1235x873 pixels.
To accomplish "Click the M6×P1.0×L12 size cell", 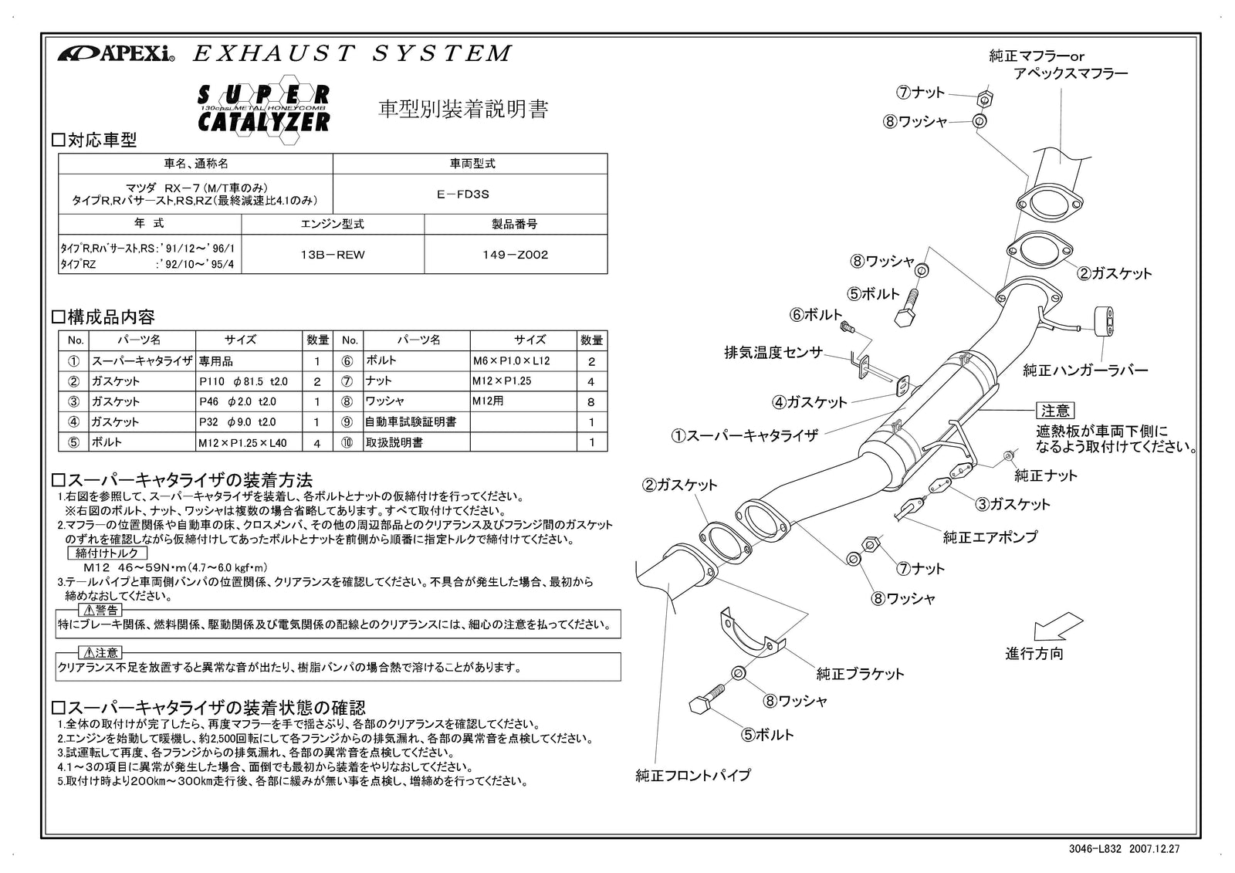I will click(523, 360).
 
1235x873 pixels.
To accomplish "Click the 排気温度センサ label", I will click(773, 353).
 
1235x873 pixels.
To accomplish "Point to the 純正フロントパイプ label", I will click(692, 776).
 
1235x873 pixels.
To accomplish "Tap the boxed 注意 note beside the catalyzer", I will click(1054, 411).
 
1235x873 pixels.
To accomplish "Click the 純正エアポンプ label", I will click(990, 536).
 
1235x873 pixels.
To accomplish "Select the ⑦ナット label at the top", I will click(920, 93).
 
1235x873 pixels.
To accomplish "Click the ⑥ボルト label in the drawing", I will click(816, 315).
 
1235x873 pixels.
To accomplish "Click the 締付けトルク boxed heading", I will click(107, 553).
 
